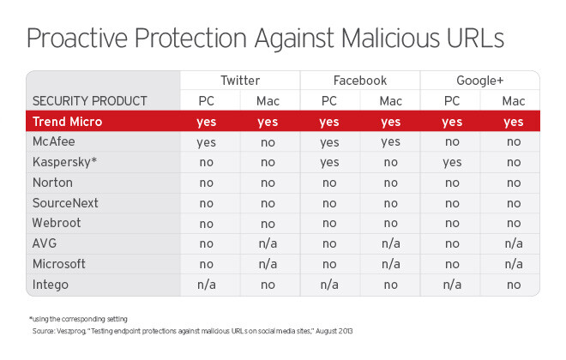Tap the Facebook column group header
pyautogui.click(x=359, y=81)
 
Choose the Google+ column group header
pyautogui.click(x=479, y=81)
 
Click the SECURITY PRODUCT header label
pyautogui.click(x=90, y=101)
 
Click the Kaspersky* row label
pyautogui.click(x=65, y=162)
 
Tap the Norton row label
pyautogui.click(x=53, y=183)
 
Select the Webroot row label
pyautogui.click(x=57, y=224)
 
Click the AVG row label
pyautogui.click(x=45, y=243)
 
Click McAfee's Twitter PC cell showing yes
pyautogui.click(x=207, y=142)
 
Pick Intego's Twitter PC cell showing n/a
pyautogui.click(x=207, y=285)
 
